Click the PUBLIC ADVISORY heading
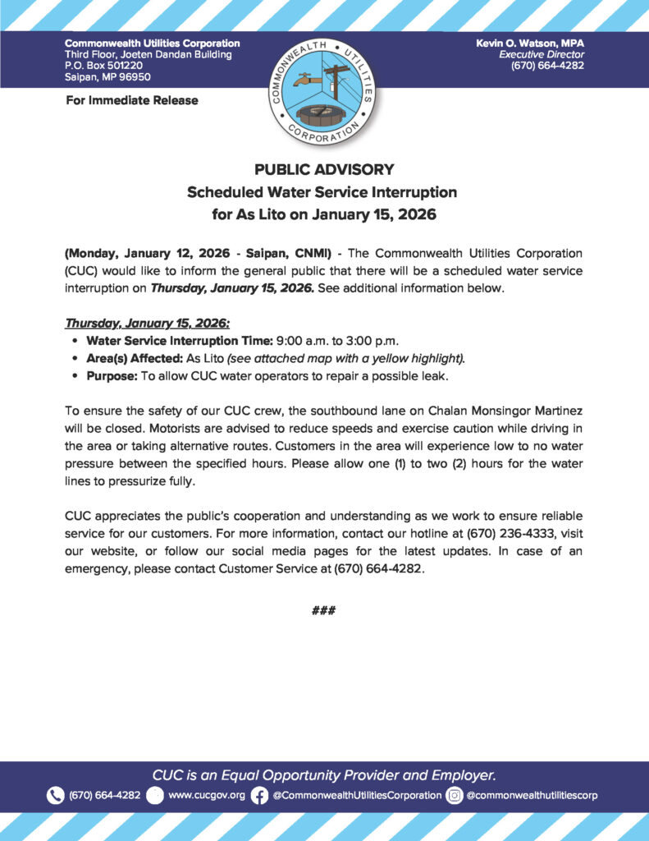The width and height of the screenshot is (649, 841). pos(324,170)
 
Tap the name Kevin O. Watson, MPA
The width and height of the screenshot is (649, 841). pos(530,43)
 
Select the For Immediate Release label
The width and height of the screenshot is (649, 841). pos(131,100)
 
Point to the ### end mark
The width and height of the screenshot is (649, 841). pos(324,610)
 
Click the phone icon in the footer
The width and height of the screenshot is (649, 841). pos(55,795)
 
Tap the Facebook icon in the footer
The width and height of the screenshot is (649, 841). pos(259,795)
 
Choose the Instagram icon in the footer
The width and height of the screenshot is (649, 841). pos(454,795)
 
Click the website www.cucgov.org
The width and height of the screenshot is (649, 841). pos(207,795)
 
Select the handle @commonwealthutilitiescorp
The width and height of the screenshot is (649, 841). pos(532,795)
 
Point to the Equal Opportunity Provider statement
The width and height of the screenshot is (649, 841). pos(324,774)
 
